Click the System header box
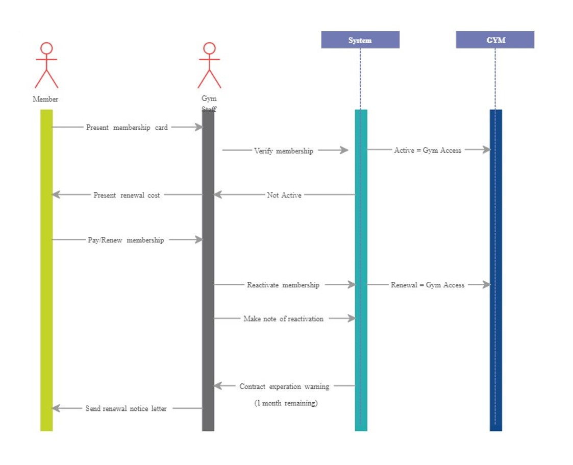coord(360,40)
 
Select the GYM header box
coord(494,40)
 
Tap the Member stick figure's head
coord(46,48)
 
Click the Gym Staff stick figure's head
coord(209,48)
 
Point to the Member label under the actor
coord(45,99)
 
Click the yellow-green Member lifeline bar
coord(46,271)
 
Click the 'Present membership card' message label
coord(127,128)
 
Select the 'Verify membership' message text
coord(283,151)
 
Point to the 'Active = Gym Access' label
coord(428,150)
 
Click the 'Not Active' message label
coord(284,195)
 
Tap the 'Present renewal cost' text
coord(127,195)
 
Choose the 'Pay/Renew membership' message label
coord(126,240)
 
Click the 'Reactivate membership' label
coord(283,285)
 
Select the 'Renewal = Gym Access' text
coord(428,285)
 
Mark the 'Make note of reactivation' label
coord(283,319)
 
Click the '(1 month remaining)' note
coord(286,403)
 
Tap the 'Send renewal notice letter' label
coord(126,408)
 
